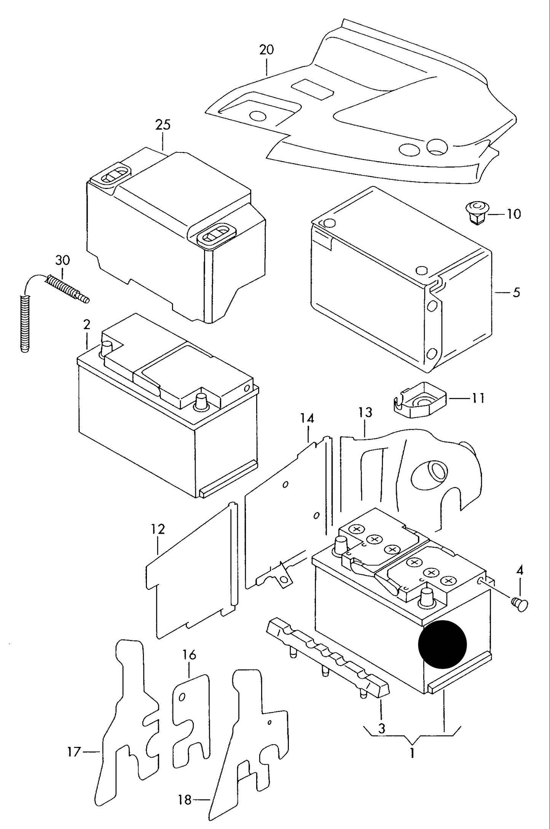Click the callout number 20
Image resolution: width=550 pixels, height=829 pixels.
click(266, 50)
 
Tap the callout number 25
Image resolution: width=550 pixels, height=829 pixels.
click(163, 125)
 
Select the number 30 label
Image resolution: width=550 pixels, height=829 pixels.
click(63, 260)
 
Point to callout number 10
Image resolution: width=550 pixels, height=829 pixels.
click(514, 214)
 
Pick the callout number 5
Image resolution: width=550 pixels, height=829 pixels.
click(516, 292)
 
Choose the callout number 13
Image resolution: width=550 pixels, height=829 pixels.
click(365, 412)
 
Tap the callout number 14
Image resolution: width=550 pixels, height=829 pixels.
click(307, 418)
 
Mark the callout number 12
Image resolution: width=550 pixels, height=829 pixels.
click(158, 529)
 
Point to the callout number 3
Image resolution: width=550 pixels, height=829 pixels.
click(382, 728)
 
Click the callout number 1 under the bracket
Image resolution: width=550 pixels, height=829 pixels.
click(412, 753)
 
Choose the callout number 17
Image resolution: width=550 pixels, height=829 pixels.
click(74, 752)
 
